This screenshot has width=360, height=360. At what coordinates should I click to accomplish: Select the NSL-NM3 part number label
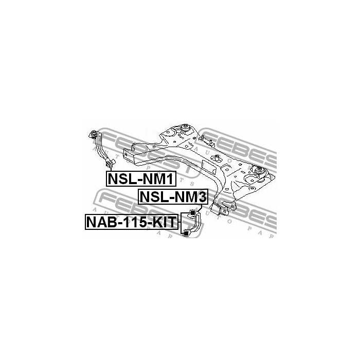point(172,196)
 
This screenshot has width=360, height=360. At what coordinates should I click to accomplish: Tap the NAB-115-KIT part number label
point(132,222)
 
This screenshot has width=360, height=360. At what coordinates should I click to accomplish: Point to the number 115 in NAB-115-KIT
point(132,222)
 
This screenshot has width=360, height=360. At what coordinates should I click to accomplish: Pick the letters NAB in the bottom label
point(101,222)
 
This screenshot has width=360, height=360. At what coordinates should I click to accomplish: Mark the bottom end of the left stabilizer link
point(109,164)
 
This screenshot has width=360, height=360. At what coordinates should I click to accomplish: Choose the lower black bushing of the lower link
point(188,234)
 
